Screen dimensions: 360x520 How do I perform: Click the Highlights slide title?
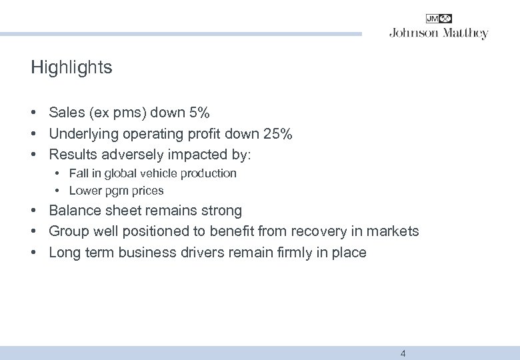71,68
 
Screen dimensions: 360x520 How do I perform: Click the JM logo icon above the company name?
439,19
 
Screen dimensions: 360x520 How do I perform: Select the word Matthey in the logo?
465,33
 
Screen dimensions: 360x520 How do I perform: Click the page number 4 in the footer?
403,353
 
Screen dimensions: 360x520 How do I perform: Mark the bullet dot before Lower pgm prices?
59,191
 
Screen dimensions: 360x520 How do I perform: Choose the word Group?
69,231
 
